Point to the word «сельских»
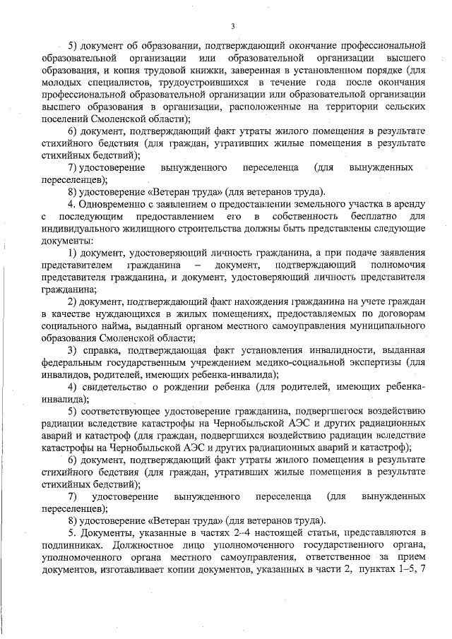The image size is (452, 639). click(402, 107)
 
